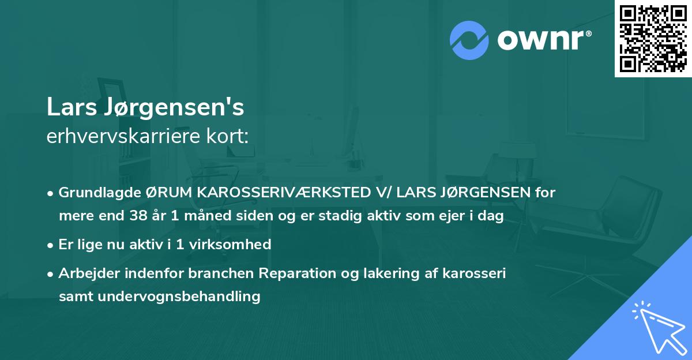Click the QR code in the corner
point(653,38)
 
